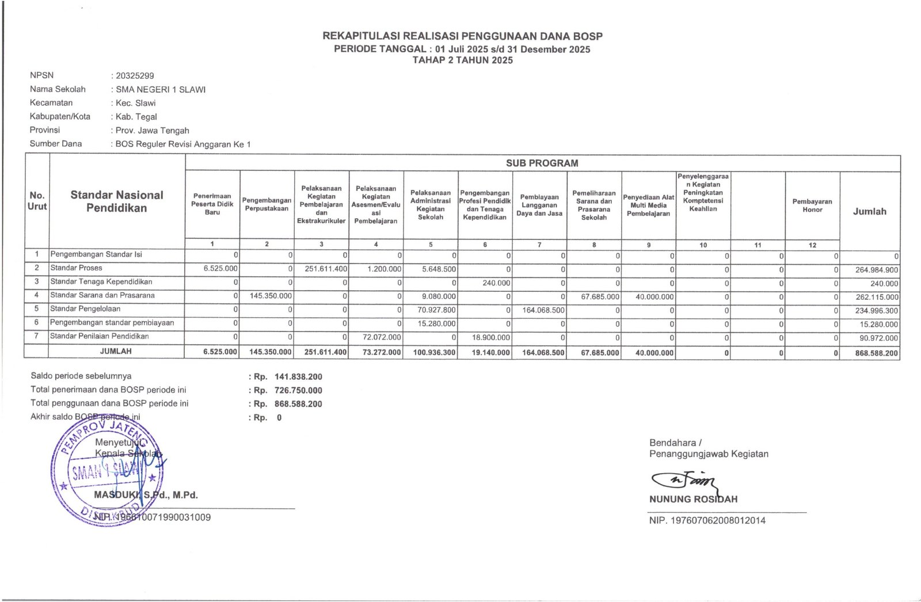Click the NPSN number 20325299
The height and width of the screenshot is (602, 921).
[135, 75]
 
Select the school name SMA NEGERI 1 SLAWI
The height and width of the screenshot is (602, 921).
[161, 89]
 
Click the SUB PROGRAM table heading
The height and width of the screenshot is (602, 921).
[542, 163]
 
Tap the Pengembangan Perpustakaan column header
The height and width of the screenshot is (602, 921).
[267, 204]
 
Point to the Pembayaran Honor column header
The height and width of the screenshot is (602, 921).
[812, 205]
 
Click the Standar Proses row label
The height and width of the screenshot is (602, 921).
[76, 268]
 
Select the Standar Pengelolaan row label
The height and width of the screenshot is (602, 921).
[85, 309]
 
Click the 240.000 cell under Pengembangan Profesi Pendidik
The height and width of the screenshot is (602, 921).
[496, 283]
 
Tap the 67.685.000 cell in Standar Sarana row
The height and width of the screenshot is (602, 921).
[600, 296]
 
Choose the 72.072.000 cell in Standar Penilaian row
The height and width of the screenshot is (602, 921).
[382, 337]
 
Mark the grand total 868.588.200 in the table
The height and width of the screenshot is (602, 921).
[876, 353]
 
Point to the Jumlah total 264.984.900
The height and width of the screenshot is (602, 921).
[876, 270]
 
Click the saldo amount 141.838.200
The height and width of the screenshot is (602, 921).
[298, 377]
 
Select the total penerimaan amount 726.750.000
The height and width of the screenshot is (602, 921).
[298, 390]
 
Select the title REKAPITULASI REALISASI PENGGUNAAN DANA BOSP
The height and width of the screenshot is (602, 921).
[462, 36]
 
